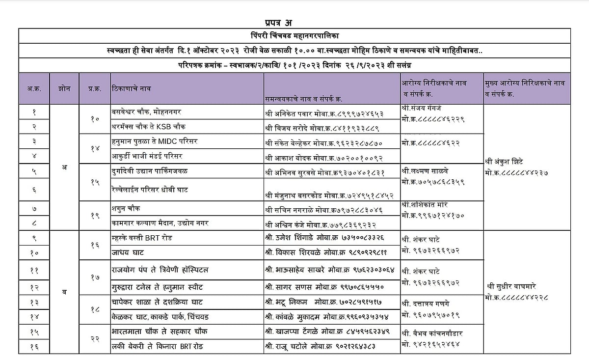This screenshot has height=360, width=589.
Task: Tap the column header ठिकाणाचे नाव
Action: pyautogui.click(x=132, y=89)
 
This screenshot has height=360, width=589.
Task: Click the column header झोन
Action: pyautogui.click(x=64, y=89)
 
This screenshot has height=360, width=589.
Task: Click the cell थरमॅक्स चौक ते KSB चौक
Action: pyautogui.click(x=147, y=126)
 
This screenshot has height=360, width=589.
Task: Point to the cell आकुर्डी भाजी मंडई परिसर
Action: pyautogui.click(x=147, y=156)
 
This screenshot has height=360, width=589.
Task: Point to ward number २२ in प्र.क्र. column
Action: pyautogui.click(x=95, y=339)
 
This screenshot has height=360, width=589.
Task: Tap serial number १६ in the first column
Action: pyautogui.click(x=34, y=347)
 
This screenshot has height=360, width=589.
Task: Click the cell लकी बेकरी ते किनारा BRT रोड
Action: pyautogui.click(x=157, y=347)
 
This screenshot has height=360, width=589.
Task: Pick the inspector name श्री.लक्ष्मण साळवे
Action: pyautogui.click(x=425, y=171)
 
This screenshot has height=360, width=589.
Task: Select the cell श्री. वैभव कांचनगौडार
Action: pyautogui.click(x=432, y=333)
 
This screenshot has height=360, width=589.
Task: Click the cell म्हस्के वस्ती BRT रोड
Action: pyautogui.click(x=142, y=238)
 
